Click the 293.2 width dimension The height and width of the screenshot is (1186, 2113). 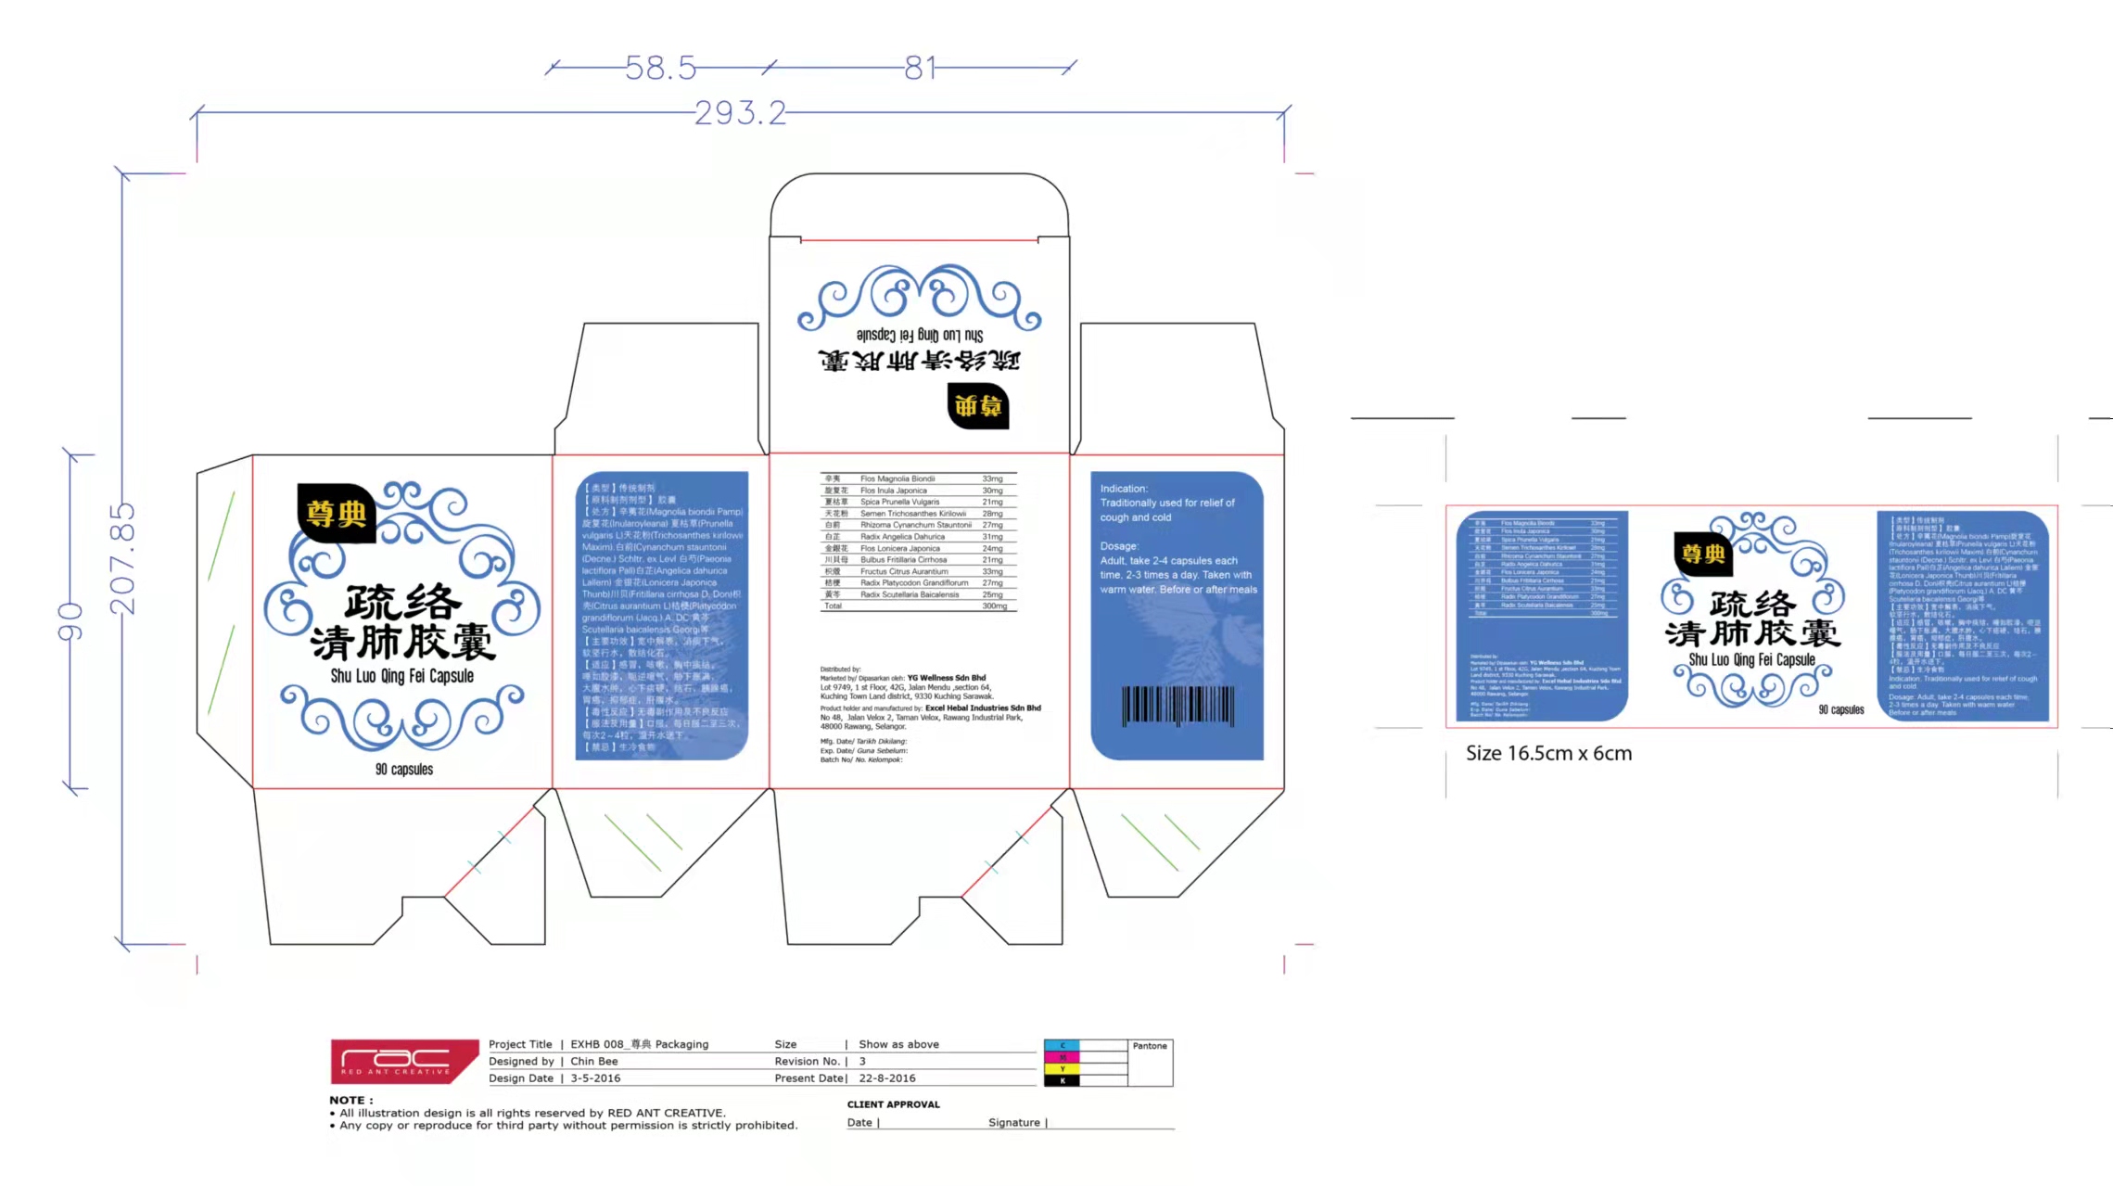[740, 113]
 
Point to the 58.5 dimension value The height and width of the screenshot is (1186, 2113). [660, 68]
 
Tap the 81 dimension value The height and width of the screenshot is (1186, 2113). [921, 68]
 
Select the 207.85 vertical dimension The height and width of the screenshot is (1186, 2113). [122, 559]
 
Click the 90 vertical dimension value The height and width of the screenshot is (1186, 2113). [70, 621]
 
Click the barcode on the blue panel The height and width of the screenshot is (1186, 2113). [1177, 706]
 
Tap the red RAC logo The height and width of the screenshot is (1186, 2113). [404, 1062]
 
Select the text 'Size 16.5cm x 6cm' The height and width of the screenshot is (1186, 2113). [1548, 753]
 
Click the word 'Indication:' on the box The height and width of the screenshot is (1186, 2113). [1124, 489]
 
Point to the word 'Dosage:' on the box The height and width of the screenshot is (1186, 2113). [1119, 546]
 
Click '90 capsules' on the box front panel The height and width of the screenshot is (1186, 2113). [404, 770]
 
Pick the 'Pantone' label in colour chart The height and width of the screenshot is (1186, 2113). [1150, 1046]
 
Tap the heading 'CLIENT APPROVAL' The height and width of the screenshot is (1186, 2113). [893, 1104]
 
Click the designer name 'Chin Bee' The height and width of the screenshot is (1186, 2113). [594, 1062]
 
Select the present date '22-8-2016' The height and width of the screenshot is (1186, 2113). [886, 1078]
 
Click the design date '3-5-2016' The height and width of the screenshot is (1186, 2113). [595, 1078]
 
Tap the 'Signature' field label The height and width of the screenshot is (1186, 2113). [1014, 1123]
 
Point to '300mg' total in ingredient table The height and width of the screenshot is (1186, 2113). [994, 606]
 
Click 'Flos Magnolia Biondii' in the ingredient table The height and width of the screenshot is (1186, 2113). [897, 479]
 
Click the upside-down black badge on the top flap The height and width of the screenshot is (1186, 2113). [978, 406]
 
